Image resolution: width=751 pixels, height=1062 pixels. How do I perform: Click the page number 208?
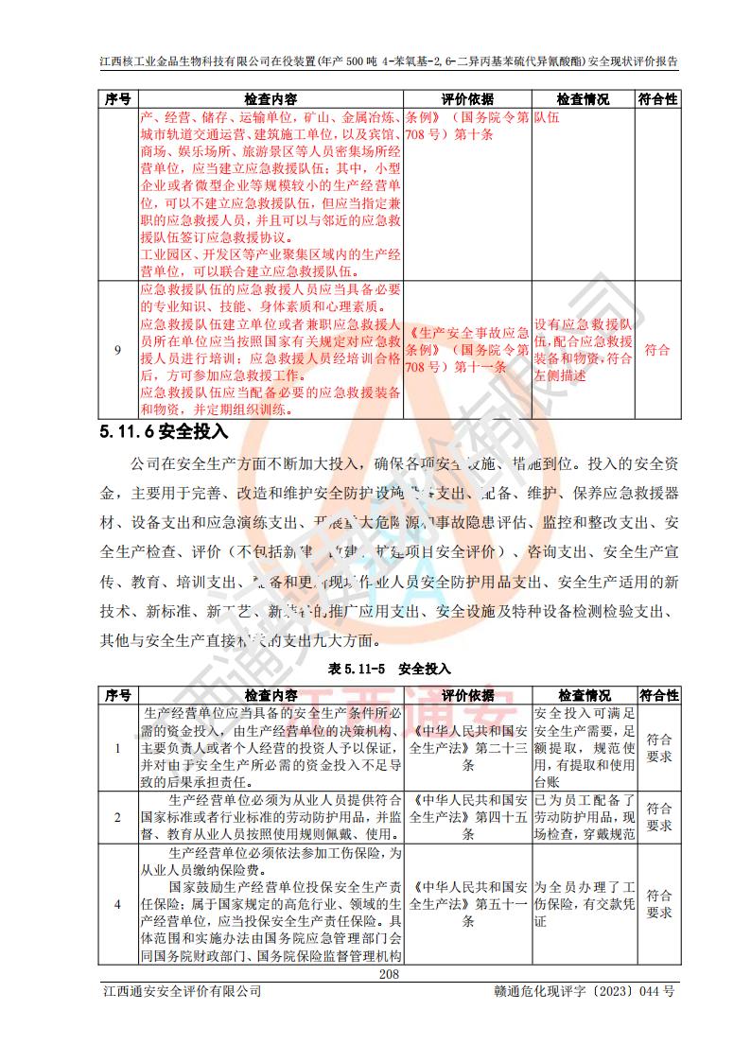[x=389, y=974]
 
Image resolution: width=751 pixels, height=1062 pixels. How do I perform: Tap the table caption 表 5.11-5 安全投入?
[x=389, y=668]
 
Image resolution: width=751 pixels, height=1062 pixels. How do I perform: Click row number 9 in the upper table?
[x=117, y=350]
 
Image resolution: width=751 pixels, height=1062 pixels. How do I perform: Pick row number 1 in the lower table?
[x=117, y=748]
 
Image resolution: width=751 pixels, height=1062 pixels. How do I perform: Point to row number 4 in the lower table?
[x=117, y=904]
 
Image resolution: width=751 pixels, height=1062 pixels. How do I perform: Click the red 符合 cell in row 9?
[x=658, y=350]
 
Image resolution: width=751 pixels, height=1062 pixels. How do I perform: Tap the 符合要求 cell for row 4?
[x=658, y=904]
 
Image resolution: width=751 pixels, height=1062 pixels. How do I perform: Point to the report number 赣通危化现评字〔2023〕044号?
[x=584, y=991]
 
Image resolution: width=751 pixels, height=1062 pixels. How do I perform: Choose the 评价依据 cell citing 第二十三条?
[x=469, y=748]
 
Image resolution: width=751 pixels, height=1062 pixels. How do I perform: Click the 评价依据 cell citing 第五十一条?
[x=469, y=904]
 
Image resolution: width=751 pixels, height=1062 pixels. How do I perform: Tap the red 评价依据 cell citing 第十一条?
[x=467, y=350]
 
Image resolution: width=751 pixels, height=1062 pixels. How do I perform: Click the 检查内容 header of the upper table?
[x=270, y=98]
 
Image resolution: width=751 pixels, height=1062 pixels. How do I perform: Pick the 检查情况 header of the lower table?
[x=584, y=695]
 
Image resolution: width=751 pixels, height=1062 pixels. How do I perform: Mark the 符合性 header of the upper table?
[x=658, y=98]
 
